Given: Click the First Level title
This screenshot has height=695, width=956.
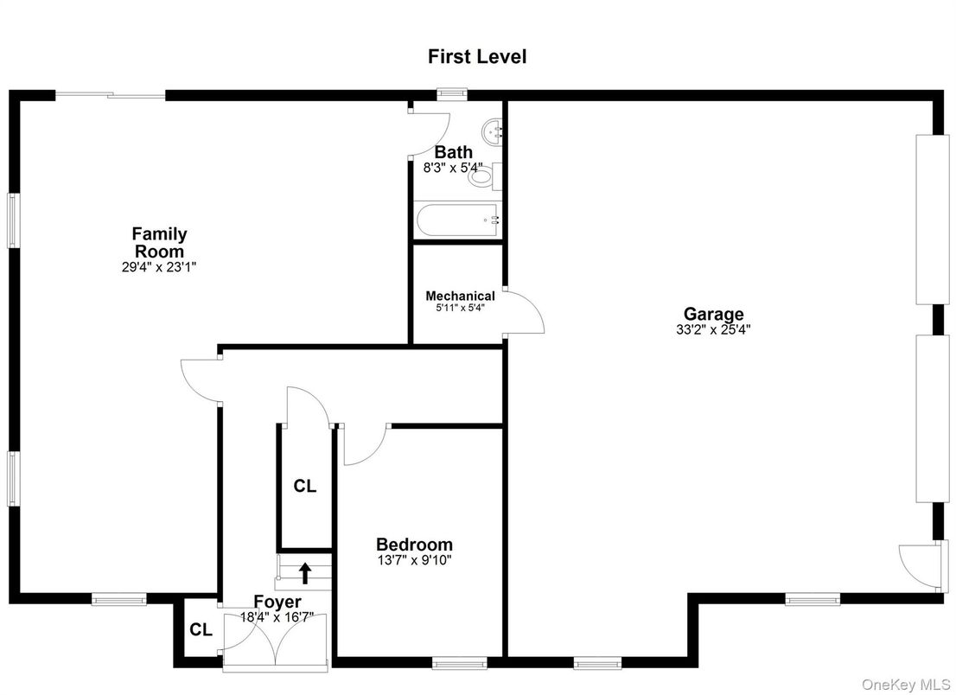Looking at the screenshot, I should pos(477,57).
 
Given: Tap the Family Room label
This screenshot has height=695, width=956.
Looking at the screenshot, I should pos(159,242).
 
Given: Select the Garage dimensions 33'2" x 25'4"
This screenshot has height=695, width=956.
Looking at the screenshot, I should pos(713,329).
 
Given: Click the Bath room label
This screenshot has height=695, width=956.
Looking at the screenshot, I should pos(453,152).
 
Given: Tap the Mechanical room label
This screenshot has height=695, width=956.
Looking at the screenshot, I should pos(460,296).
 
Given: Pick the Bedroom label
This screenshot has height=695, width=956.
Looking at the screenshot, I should pos(414,545).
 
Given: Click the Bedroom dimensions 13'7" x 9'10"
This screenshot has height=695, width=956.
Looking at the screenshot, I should pos(414,560).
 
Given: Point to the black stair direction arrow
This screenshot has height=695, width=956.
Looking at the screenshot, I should pos(304,573).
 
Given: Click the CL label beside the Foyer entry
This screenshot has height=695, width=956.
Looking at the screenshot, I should pos(201,630).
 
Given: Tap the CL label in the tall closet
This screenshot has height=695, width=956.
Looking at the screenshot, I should pos(304,487).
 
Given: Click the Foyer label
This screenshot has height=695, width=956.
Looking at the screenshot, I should pos(277,602).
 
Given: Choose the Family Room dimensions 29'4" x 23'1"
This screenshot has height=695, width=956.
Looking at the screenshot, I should pos(159,268).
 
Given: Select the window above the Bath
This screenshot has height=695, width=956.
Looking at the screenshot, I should pos(451,93).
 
